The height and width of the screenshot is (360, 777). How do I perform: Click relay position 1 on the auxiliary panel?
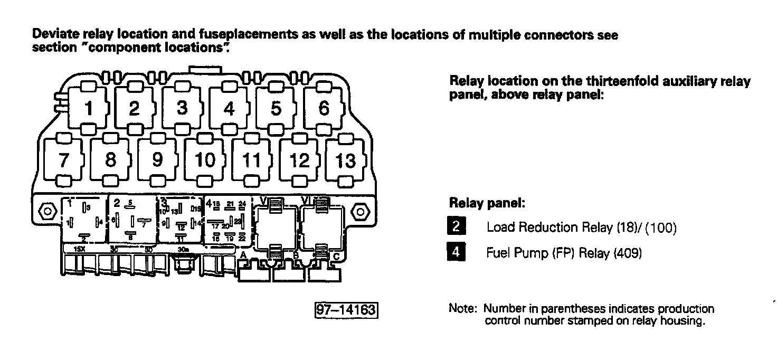coord(88,108)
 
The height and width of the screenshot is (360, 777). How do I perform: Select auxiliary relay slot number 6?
coord(324,108)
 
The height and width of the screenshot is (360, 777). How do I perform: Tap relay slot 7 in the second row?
coord(63,160)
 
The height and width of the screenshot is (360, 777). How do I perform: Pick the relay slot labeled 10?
coord(205,160)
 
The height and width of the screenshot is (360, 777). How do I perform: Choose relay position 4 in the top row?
coord(229,108)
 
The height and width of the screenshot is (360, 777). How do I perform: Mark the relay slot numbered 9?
coord(157,160)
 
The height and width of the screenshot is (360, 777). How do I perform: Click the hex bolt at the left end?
coord(46,212)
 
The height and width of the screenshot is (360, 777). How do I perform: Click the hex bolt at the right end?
coord(361,212)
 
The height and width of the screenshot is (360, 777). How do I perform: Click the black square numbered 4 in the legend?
coord(455,252)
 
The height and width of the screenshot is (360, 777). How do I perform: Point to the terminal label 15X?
coord(80,248)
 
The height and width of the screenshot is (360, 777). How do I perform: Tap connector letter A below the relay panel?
coord(243,255)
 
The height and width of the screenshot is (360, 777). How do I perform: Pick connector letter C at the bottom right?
coord(337,256)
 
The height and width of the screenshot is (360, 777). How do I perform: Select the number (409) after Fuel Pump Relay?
coord(627,253)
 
